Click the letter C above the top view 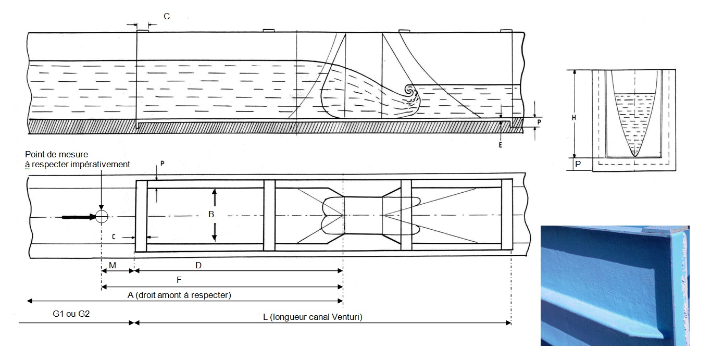[167, 17]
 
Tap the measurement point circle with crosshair [102, 217]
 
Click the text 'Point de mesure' [56, 155]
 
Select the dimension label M [113, 265]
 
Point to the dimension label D [198, 265]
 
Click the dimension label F [179, 280]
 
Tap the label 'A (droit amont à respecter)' [179, 295]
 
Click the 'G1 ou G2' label [71, 314]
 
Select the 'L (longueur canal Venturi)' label [313, 317]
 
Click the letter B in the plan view [211, 215]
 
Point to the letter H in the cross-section [574, 118]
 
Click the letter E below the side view [500, 145]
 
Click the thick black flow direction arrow [79, 217]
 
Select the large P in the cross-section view [578, 165]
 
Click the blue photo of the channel [615, 285]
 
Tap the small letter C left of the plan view [114, 237]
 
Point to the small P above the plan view [162, 164]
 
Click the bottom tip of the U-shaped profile [634, 156]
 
